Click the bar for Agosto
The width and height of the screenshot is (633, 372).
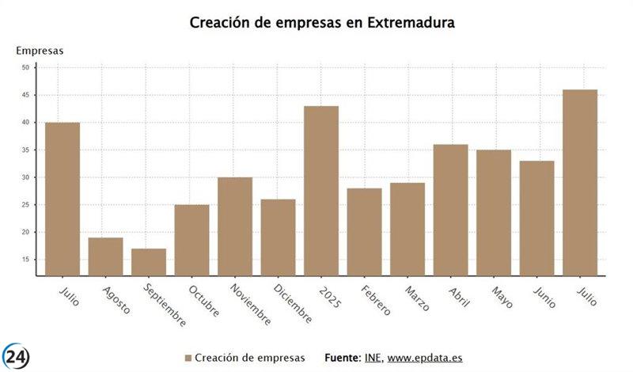pyautogui.click(x=105, y=256)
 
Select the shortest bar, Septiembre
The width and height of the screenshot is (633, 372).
pyautogui.click(x=148, y=262)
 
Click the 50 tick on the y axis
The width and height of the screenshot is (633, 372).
pyautogui.click(x=25, y=68)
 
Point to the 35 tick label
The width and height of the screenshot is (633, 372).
pyautogui.click(x=25, y=150)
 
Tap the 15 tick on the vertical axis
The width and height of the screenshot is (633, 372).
pyautogui.click(x=25, y=260)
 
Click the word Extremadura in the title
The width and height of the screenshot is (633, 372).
pyautogui.click(x=411, y=23)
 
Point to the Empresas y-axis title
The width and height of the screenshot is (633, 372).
pyautogui.click(x=40, y=51)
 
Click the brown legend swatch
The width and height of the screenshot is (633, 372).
pyautogui.click(x=188, y=358)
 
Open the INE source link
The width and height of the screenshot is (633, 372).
pyautogui.click(x=372, y=358)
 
